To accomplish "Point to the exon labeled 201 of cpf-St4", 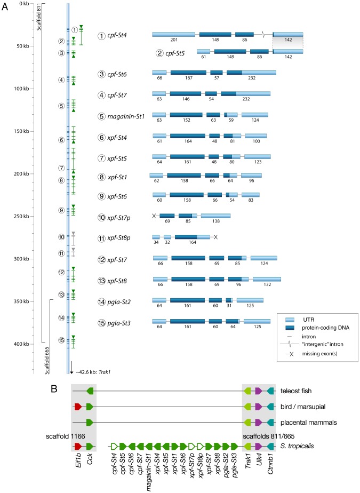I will coord(173,35).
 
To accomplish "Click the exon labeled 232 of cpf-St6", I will coord(259,73).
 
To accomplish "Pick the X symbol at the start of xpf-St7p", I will coord(154,216).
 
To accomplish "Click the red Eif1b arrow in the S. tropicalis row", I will coord(78,445).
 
